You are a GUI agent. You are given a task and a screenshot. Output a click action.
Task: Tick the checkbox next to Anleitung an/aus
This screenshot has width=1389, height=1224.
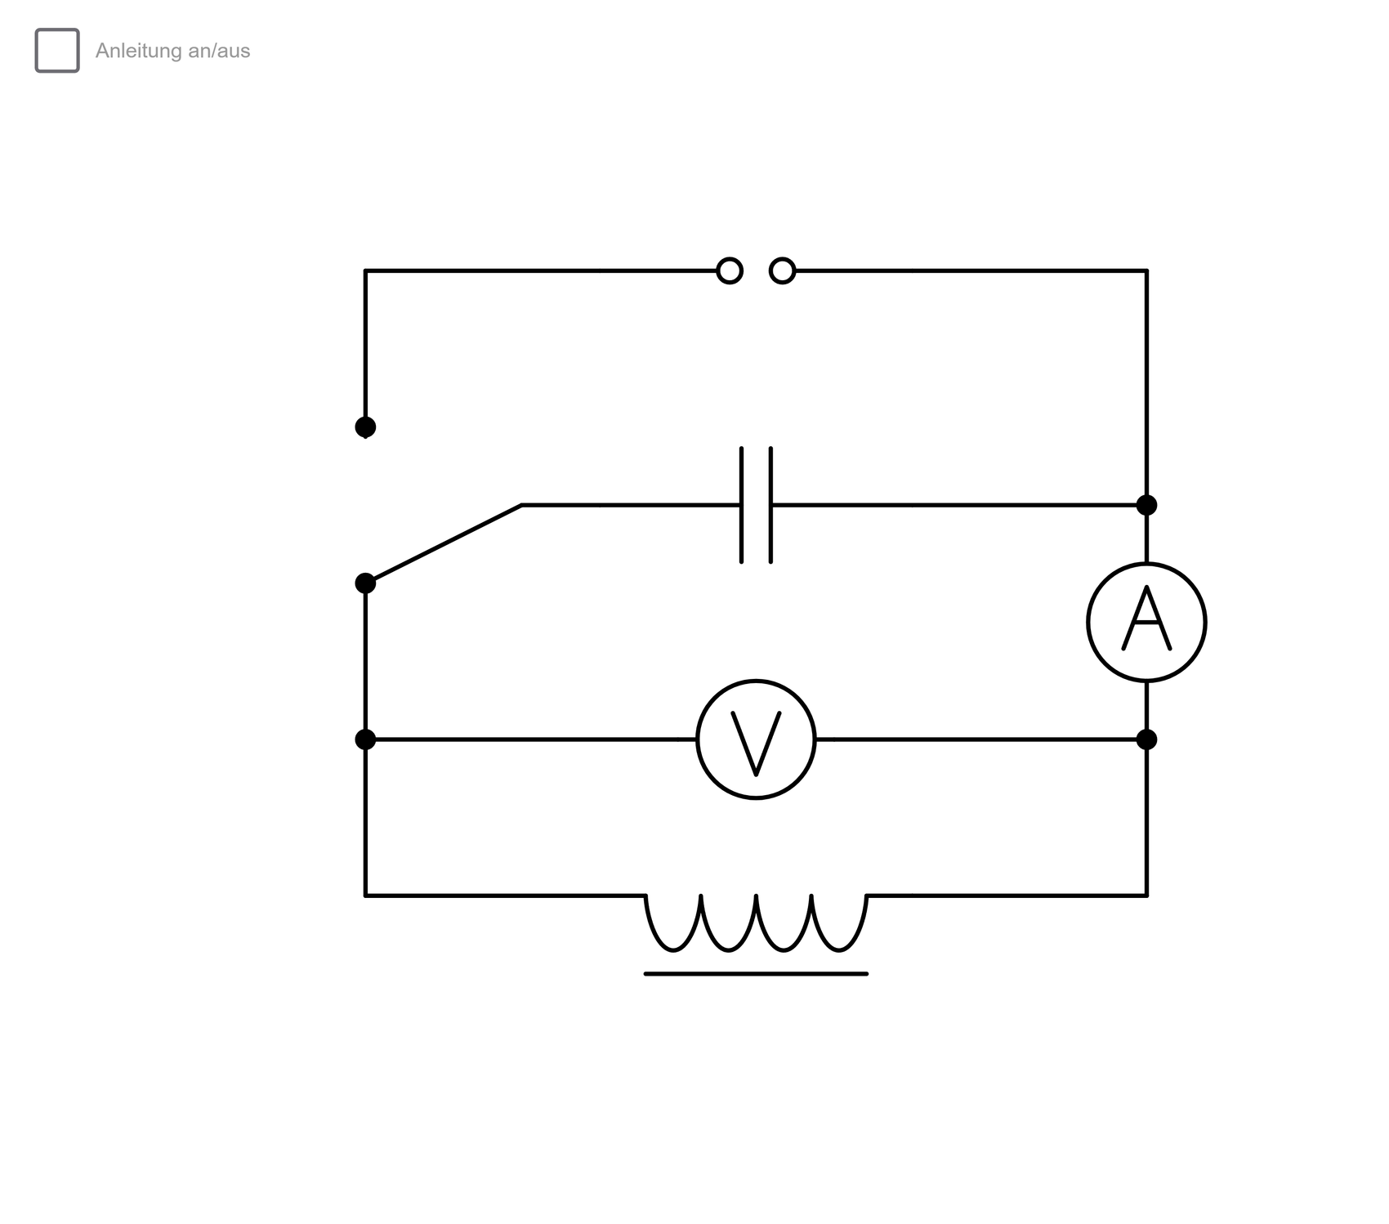click(57, 51)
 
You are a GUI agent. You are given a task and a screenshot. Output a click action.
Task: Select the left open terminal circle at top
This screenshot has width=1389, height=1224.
click(730, 270)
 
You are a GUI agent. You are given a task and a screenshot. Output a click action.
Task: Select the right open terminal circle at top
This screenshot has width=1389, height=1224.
click(783, 270)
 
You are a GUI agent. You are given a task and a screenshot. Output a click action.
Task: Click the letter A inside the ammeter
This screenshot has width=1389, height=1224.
click(1146, 619)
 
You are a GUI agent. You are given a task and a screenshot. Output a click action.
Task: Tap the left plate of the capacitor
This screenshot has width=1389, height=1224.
click(742, 505)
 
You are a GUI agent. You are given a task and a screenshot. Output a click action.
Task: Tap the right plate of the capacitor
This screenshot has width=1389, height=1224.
click(770, 505)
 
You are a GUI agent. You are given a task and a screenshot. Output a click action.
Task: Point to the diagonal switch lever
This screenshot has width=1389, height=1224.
click(444, 544)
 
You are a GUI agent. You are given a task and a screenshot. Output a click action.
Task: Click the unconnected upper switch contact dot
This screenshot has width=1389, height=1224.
click(365, 427)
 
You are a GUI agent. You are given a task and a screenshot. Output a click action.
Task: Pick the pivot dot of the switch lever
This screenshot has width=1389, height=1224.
click(365, 583)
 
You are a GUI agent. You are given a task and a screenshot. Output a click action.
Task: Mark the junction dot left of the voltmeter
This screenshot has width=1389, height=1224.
click(365, 739)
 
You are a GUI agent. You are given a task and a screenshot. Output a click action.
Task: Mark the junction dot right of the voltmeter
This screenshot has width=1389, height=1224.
click(1146, 739)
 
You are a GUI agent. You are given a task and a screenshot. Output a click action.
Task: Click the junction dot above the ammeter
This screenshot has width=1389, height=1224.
click(1146, 505)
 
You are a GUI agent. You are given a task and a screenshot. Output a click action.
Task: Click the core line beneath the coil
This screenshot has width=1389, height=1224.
click(756, 974)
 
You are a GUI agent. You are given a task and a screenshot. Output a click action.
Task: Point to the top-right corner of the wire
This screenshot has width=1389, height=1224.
click(1146, 270)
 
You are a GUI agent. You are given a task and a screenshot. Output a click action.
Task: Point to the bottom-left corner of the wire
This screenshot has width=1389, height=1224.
click(365, 896)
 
